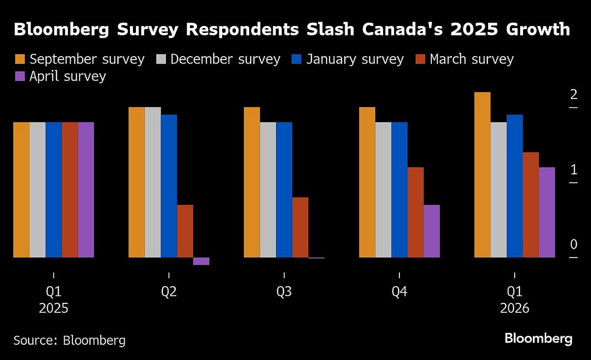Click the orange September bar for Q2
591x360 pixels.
tap(136, 182)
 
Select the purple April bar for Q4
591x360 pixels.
tap(431, 231)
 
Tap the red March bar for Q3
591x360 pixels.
tap(300, 227)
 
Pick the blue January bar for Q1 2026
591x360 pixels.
tap(515, 186)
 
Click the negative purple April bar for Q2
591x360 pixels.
tap(201, 261)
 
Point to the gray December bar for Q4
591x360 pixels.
tap(383, 190)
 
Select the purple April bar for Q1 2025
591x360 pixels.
tap(86, 190)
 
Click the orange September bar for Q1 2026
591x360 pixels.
tap(483, 175)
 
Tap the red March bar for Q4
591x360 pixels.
tap(415, 212)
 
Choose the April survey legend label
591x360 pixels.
tap(67, 76)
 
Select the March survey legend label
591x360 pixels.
tap(471, 60)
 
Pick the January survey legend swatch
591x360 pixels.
tap(295, 60)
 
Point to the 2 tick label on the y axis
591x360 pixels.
tap(573, 95)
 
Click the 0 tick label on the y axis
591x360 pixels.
tap(573, 245)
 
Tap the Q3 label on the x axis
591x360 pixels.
tap(284, 292)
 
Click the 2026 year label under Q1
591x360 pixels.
tap(515, 309)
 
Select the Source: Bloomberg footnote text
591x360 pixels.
tap(69, 340)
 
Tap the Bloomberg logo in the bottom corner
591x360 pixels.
tap(538, 339)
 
